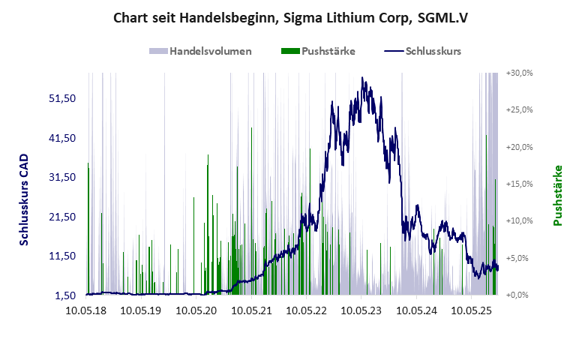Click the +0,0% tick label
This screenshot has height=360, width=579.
[x=521, y=295]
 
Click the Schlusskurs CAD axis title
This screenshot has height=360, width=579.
[x=24, y=199]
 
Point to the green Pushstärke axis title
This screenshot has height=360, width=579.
[x=557, y=196]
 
